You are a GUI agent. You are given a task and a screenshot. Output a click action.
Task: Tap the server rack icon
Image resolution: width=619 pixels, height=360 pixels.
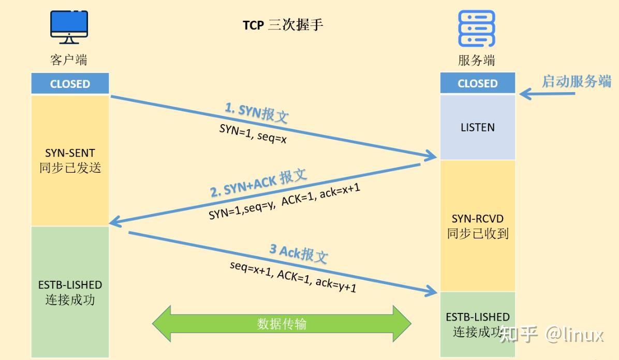(477, 28)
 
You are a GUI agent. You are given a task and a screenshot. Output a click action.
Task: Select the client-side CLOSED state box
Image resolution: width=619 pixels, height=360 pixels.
(70, 84)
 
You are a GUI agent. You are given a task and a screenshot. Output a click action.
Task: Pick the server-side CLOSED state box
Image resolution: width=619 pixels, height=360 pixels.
(477, 83)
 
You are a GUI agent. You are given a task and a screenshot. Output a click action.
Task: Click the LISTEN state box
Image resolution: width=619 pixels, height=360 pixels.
(477, 127)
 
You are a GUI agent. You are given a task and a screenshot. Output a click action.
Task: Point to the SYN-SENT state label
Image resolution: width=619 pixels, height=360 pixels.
(70, 160)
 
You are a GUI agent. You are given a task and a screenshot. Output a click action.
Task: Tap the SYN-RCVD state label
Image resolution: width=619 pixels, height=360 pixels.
(477, 226)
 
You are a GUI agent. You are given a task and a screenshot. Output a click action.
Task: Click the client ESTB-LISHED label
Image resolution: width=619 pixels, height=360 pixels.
(70, 292)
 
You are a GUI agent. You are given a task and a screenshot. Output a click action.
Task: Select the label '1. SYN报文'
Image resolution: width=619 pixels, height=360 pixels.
(256, 112)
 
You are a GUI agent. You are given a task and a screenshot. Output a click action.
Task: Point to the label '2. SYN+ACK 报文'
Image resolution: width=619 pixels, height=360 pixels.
(259, 184)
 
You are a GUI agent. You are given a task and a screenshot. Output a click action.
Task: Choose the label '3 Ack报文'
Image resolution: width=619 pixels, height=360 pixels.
(299, 253)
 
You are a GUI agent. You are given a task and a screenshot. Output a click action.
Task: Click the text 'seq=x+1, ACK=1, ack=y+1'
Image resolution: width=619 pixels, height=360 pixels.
(293, 277)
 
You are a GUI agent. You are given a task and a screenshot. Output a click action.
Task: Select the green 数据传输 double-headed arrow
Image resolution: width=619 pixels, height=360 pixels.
(282, 324)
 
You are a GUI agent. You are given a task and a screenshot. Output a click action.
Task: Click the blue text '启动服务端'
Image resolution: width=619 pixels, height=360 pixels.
(576, 82)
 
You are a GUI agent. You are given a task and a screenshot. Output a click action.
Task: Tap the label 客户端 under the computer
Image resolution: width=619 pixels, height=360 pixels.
(69, 59)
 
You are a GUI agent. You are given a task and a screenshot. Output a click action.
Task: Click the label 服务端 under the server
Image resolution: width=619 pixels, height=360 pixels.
(476, 60)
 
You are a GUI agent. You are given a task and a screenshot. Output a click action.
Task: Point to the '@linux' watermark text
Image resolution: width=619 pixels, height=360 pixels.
(575, 334)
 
